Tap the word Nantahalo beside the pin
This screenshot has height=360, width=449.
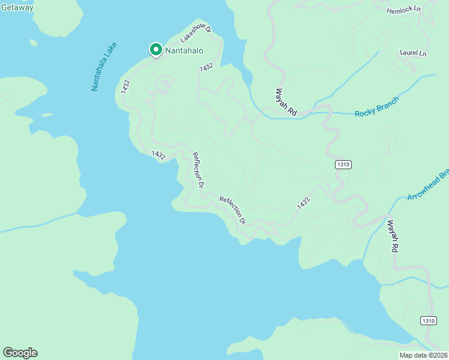[181, 51]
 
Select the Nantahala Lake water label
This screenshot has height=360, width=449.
[104, 67]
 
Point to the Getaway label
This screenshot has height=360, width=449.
[16, 7]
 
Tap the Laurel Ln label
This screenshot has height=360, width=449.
[413, 53]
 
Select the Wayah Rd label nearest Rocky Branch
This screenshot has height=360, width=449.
[286, 103]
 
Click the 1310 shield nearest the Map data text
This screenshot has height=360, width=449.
[428, 321]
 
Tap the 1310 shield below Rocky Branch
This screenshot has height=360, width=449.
[343, 164]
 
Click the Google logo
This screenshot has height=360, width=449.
[20, 353]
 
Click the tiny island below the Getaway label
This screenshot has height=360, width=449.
[33, 43]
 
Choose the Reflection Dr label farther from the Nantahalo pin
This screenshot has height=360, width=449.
[233, 209]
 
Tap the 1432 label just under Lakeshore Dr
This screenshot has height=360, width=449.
[206, 68]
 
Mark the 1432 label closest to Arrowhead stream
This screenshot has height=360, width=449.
[304, 203]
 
